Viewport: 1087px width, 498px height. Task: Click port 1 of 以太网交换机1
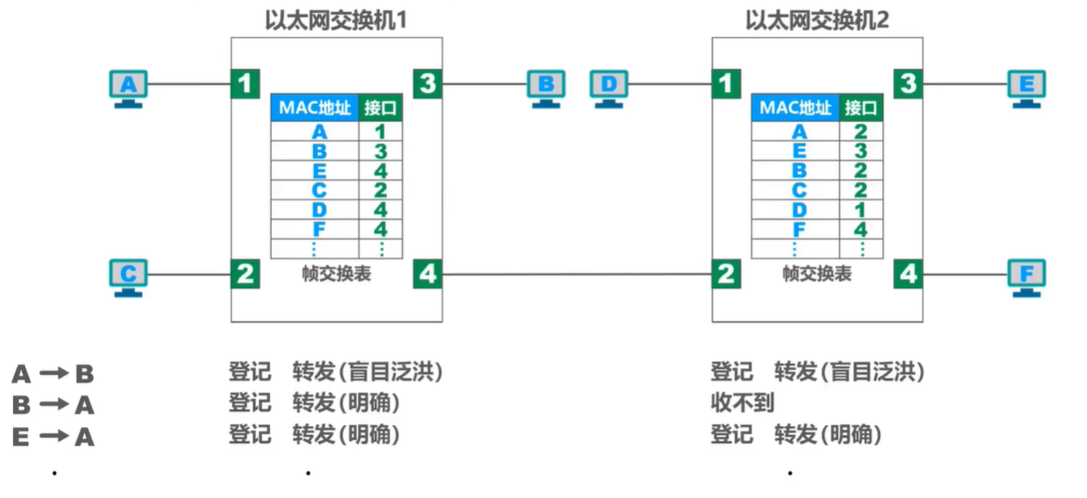tap(245, 84)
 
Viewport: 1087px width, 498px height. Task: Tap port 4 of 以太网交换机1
tap(427, 274)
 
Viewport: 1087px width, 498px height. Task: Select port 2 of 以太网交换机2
tap(727, 274)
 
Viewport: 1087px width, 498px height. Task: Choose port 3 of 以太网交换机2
tap(907, 84)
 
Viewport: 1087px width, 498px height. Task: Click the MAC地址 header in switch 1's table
tap(315, 108)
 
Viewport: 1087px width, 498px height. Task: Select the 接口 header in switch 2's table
tap(861, 108)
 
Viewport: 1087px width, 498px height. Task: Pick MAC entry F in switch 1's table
tap(319, 230)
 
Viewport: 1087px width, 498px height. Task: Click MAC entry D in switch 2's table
tap(800, 210)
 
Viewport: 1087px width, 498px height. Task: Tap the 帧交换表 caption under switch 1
tap(336, 274)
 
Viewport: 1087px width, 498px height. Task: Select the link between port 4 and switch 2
tap(576, 274)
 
